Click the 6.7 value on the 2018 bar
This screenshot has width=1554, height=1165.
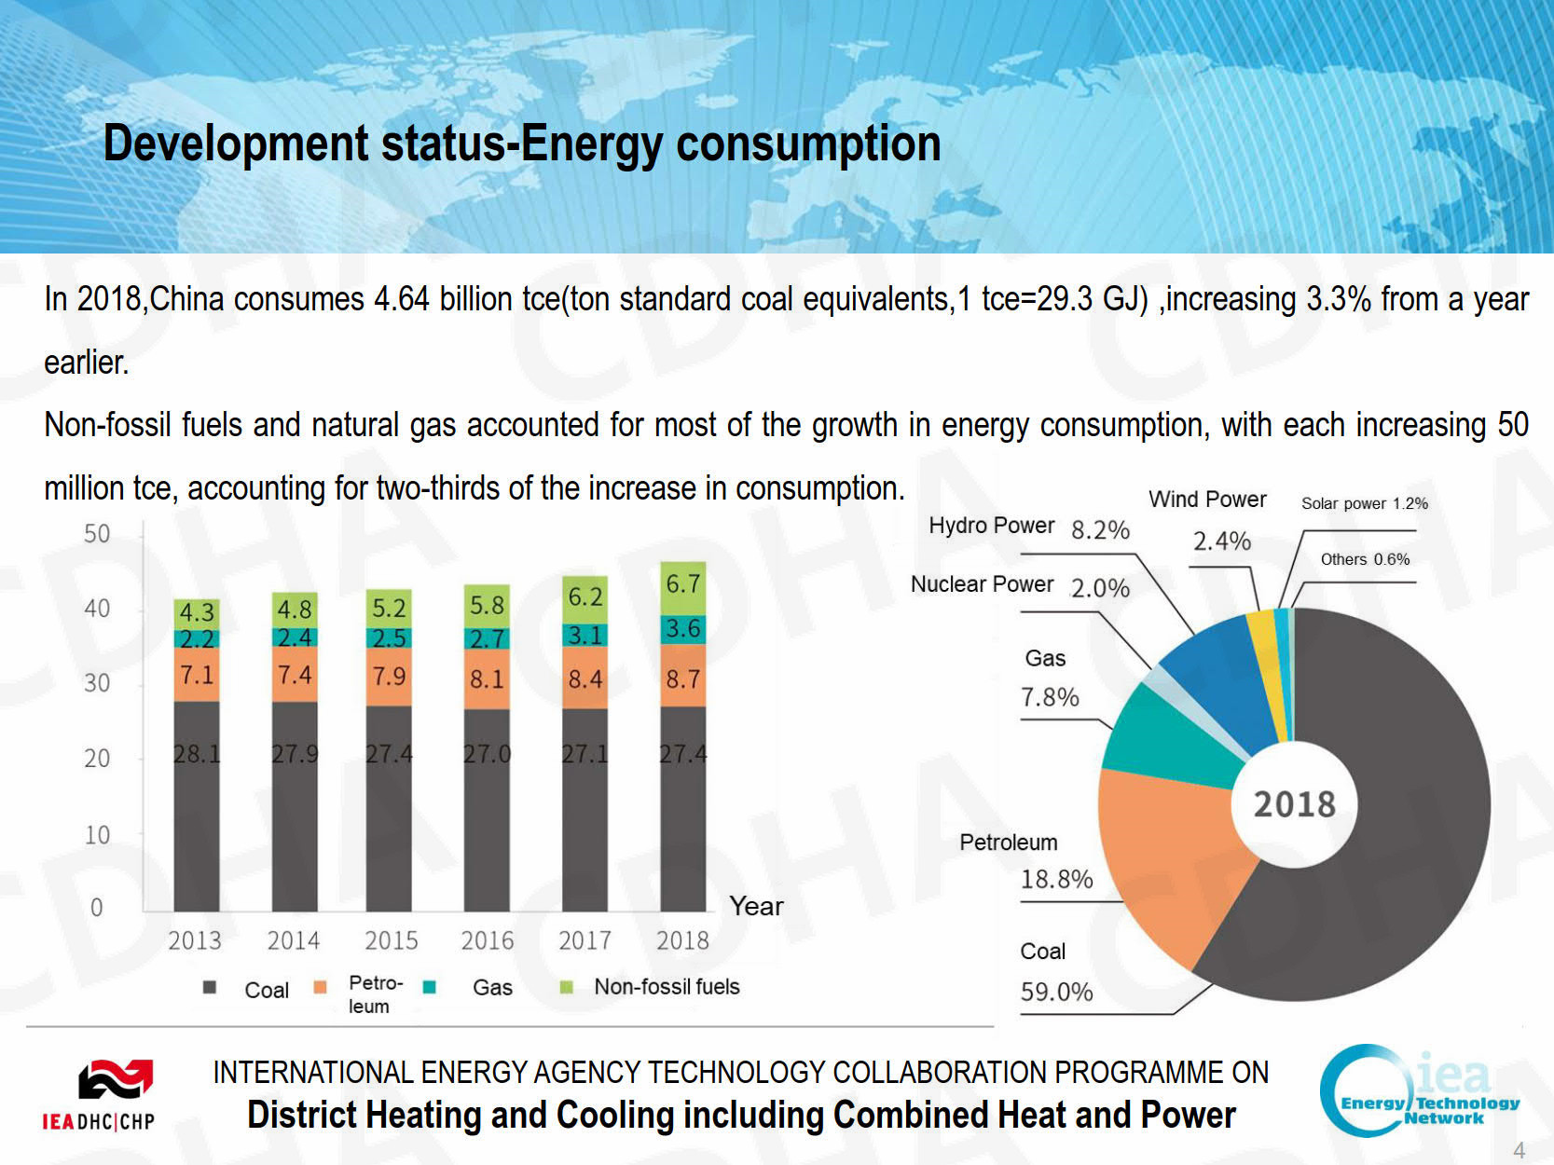[x=682, y=584]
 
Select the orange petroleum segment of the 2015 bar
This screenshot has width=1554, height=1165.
[x=389, y=676]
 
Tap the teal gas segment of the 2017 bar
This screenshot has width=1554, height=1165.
[x=585, y=635]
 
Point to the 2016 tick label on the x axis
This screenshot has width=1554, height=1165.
[x=488, y=940]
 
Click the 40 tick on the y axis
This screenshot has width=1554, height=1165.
[x=97, y=609]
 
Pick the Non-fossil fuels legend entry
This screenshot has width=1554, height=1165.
[x=667, y=986]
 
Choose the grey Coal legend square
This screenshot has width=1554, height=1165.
[x=210, y=987]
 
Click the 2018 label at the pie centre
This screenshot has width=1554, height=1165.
[x=1294, y=804]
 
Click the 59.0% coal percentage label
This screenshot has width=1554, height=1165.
[x=1056, y=991]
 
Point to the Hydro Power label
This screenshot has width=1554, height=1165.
[x=991, y=526]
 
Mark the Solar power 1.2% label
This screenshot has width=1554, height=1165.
[x=1364, y=503]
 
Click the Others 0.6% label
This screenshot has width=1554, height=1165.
[x=1365, y=559]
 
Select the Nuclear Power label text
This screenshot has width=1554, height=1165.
[x=982, y=584]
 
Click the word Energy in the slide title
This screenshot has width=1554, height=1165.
[x=593, y=144]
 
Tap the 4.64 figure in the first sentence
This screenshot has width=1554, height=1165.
[x=401, y=299]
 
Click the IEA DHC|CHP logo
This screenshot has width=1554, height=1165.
[x=102, y=1095]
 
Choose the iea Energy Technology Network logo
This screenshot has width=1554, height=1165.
[x=1418, y=1090]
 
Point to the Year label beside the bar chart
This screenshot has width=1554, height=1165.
[x=756, y=906]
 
